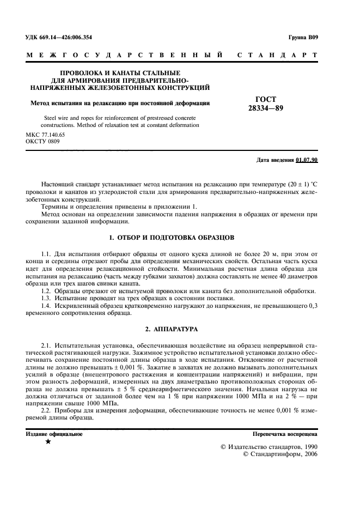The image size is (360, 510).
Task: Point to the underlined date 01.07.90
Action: (x=307, y=160)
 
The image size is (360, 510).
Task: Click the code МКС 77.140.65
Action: (x=45, y=134)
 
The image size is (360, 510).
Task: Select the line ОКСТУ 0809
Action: (x=43, y=141)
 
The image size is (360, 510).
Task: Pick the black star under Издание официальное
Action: (x=48, y=441)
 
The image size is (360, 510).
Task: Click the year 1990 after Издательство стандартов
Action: (x=308, y=446)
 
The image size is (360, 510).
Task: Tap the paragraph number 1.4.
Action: (x=47, y=307)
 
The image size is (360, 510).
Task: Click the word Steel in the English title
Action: (x=50, y=118)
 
